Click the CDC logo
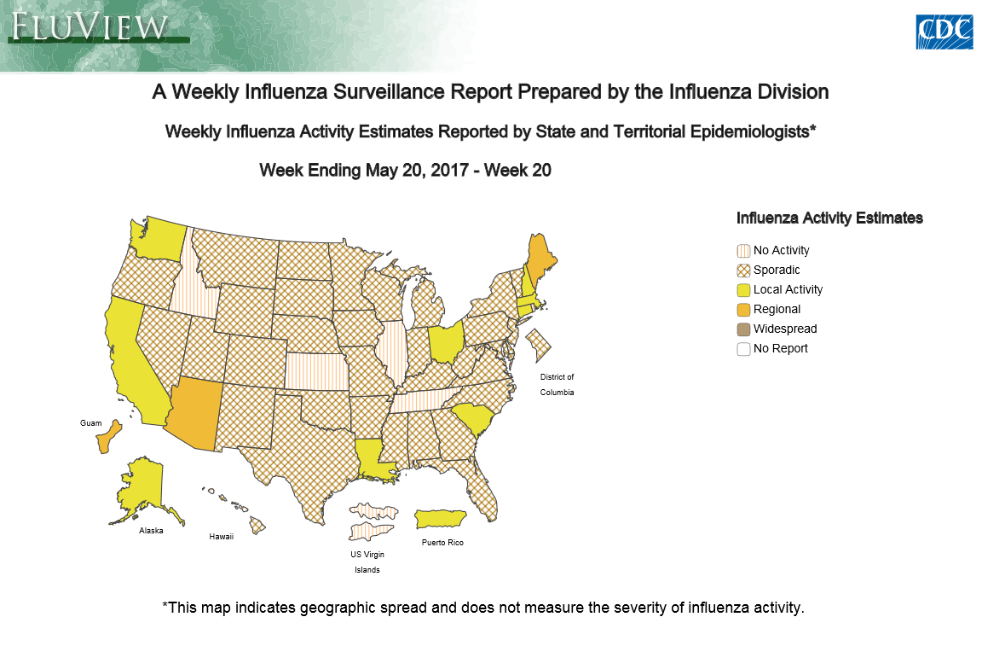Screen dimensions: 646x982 click(x=944, y=32)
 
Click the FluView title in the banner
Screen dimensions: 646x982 click(x=89, y=26)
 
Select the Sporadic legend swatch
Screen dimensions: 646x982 click(x=743, y=271)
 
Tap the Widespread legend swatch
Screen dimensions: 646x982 click(x=743, y=329)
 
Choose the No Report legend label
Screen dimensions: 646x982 click(x=780, y=348)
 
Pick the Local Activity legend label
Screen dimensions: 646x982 click(x=788, y=289)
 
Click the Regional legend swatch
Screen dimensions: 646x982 click(x=743, y=310)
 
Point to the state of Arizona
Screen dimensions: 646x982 click(x=195, y=412)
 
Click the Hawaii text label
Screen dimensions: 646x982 click(x=222, y=537)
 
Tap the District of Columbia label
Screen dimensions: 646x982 click(x=557, y=384)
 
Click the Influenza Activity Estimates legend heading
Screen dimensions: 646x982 click(x=829, y=218)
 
